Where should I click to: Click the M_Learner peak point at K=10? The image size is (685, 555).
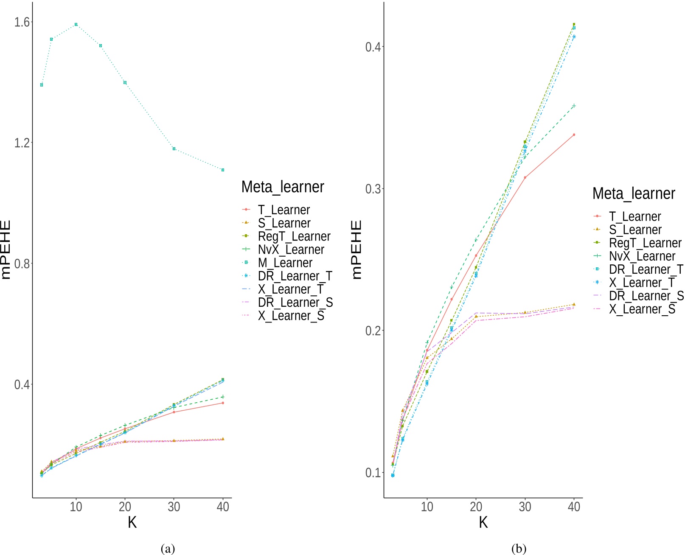click(76, 25)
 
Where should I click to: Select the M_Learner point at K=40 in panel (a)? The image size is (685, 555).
click(223, 170)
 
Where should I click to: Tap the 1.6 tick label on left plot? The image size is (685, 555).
click(21, 22)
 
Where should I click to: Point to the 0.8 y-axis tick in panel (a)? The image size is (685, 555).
click(21, 263)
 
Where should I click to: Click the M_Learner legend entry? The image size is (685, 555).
click(285, 263)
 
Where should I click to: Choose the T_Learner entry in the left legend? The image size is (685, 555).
click(284, 210)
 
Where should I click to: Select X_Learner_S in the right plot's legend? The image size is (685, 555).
click(642, 309)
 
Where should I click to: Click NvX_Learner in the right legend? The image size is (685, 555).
click(642, 256)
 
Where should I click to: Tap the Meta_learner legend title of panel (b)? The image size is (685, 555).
click(633, 193)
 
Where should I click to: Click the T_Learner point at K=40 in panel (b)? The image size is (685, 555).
click(574, 135)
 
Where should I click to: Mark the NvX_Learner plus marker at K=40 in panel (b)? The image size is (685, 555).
click(574, 106)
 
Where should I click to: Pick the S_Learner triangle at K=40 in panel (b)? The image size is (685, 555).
click(574, 304)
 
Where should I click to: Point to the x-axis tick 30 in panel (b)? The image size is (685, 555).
click(525, 507)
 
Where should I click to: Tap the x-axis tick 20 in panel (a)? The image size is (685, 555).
click(125, 507)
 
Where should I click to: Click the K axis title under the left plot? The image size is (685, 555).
click(132, 523)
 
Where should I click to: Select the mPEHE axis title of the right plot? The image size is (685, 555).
click(357, 249)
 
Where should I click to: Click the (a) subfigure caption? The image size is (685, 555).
click(168, 548)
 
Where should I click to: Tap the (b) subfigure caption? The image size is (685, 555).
click(519, 548)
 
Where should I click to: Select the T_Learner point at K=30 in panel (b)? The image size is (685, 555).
click(525, 177)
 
